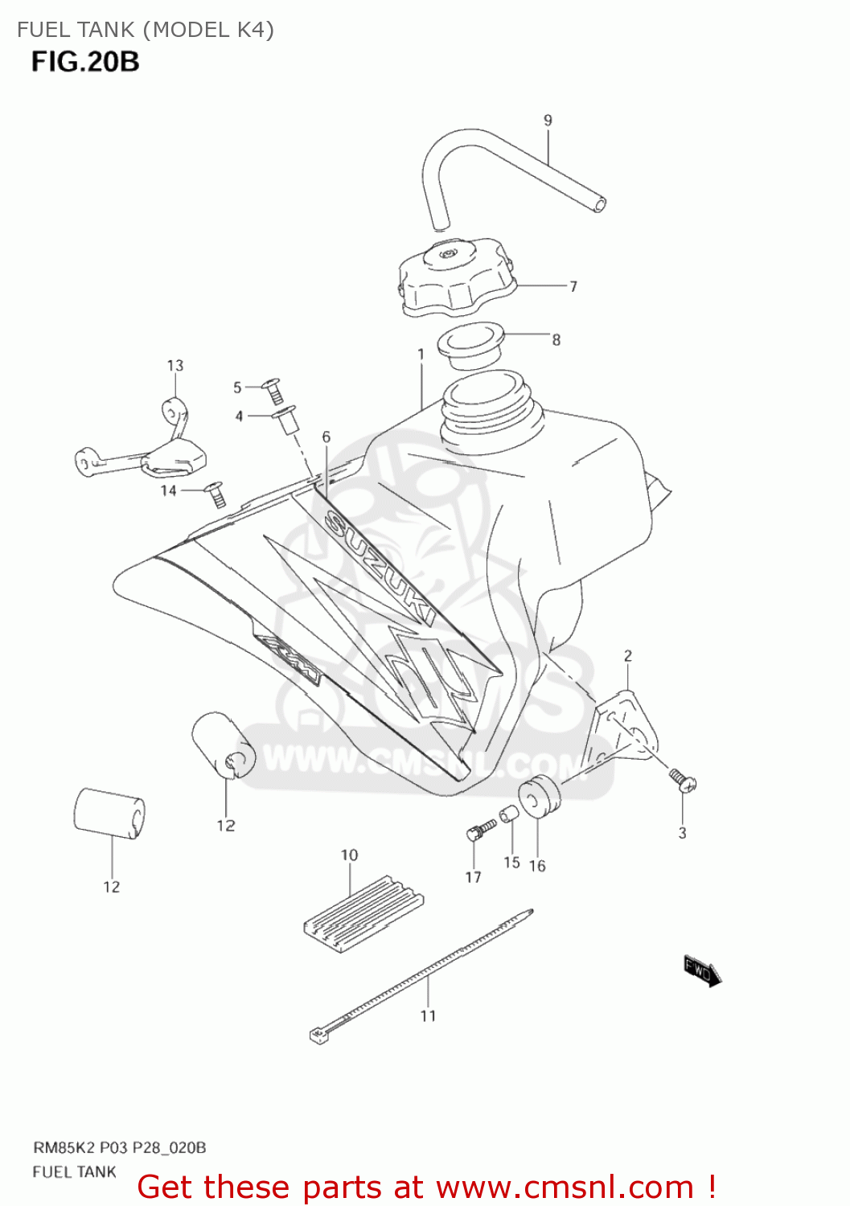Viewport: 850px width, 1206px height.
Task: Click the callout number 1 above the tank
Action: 421,354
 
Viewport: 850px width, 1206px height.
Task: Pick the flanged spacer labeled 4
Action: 286,418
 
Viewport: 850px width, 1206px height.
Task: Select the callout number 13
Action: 175,366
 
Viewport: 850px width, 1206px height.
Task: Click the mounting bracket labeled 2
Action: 623,732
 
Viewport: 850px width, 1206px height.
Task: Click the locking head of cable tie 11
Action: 320,1035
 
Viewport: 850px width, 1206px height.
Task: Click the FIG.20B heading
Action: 85,62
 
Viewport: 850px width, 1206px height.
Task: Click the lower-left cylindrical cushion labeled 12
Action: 109,813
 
